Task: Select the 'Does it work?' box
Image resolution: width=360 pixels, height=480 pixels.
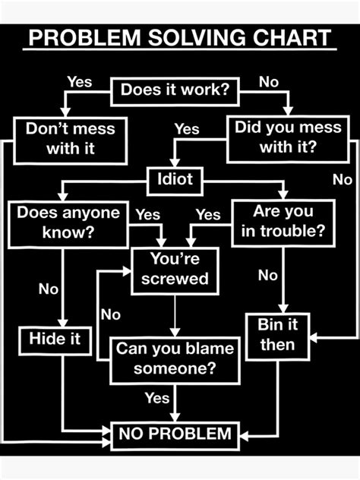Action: point(175,91)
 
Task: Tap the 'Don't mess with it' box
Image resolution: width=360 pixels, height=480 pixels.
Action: point(70,138)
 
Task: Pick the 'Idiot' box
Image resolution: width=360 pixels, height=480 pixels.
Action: point(175,179)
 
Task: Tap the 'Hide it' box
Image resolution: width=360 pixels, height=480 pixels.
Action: point(55,339)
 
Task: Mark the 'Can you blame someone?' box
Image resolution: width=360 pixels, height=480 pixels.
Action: point(175,358)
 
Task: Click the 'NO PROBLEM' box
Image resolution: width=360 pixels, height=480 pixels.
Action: point(175,434)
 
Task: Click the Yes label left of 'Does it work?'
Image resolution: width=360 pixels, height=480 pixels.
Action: point(80,81)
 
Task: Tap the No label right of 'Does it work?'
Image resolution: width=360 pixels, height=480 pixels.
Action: point(269,81)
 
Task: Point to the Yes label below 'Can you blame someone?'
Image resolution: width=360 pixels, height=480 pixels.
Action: point(156,397)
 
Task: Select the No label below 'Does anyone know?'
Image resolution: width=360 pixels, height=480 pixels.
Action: point(49,289)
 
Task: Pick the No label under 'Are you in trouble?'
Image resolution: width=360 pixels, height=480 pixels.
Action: point(267,276)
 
